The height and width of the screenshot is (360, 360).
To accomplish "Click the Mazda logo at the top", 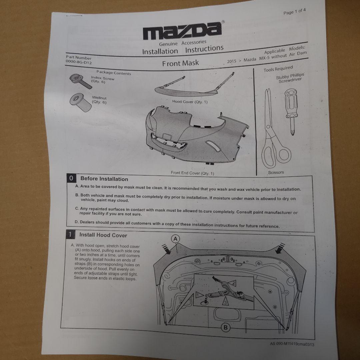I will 183,31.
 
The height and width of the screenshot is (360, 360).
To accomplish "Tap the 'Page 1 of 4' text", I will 294,12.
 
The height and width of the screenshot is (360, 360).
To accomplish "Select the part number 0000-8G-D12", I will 79,62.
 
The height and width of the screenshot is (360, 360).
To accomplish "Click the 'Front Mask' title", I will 180,63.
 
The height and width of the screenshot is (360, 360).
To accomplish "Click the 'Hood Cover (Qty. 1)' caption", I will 190,101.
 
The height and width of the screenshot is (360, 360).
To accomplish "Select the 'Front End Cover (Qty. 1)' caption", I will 192,173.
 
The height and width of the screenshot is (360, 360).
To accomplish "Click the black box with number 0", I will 71,178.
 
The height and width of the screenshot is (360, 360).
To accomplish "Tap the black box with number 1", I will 70,235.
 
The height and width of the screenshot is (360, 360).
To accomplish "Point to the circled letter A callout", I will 176,239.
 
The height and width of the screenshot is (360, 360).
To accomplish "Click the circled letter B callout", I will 225,328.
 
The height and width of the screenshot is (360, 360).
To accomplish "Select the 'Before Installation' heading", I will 104,179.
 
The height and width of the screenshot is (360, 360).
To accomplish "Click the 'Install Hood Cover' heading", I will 103,235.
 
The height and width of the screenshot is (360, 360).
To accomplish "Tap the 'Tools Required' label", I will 278,69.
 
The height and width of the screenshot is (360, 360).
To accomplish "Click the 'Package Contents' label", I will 114,73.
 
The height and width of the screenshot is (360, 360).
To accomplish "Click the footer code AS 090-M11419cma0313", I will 292,344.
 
